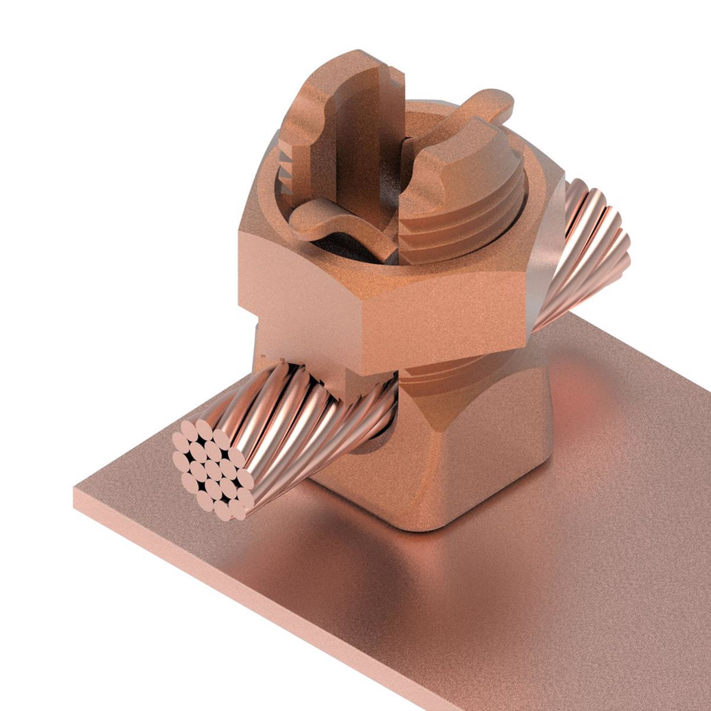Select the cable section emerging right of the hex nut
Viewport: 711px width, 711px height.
tap(587, 249)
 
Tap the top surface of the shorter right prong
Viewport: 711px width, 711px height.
tap(450, 148)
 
